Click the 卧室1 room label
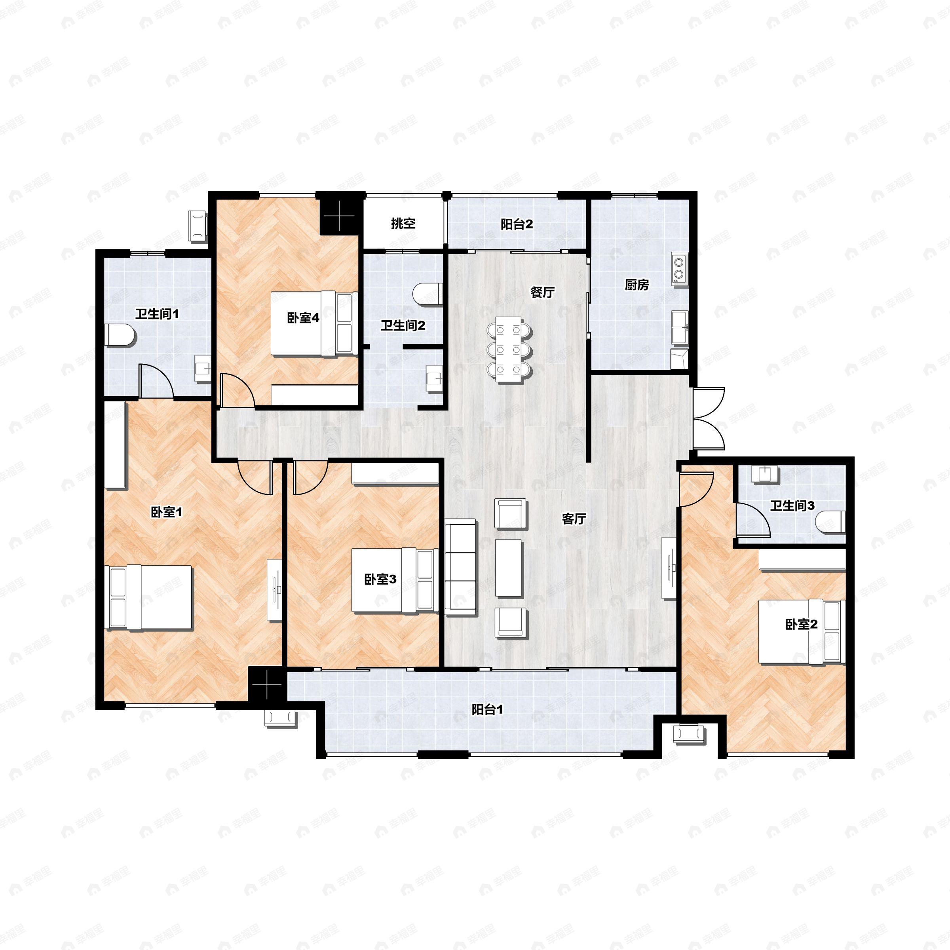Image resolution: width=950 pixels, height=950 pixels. pyautogui.click(x=166, y=512)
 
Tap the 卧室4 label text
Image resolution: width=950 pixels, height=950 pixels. pyautogui.click(x=303, y=318)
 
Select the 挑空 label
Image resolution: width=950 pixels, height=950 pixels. pyautogui.click(x=403, y=224)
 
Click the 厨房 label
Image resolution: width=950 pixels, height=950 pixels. pyautogui.click(x=637, y=285)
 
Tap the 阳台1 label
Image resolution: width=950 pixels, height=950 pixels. pyautogui.click(x=487, y=710)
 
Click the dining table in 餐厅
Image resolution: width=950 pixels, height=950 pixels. pyautogui.click(x=509, y=350)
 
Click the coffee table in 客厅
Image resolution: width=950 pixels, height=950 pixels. pyautogui.click(x=508, y=568)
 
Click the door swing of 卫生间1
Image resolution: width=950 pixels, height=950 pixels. pyautogui.click(x=156, y=380)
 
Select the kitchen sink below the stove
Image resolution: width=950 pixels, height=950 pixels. pyautogui.click(x=680, y=327)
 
